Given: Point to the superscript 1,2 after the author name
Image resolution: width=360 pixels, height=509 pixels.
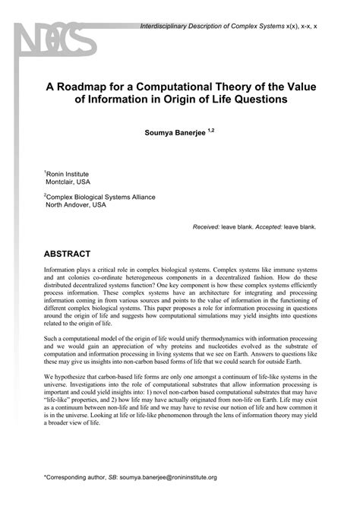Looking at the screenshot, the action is pyautogui.click(x=210, y=129).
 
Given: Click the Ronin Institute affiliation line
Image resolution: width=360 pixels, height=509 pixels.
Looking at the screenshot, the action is pyautogui.click(x=68, y=174).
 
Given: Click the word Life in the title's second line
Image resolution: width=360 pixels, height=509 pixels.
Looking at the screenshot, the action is pyautogui.click(x=220, y=101).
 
